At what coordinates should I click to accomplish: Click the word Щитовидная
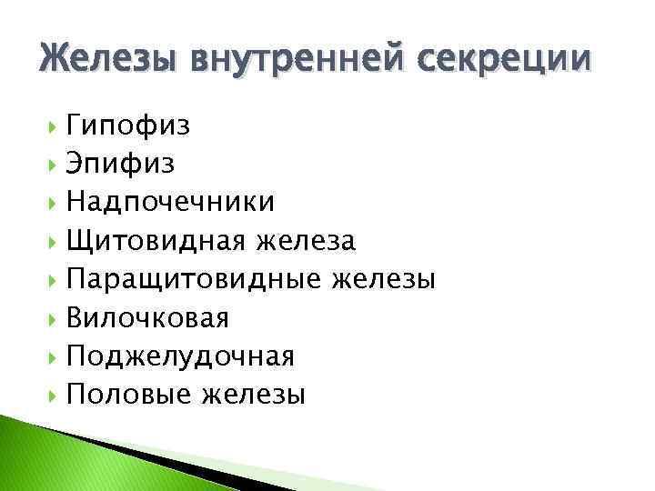point(157,241)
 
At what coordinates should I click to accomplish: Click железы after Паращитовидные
point(384,279)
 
